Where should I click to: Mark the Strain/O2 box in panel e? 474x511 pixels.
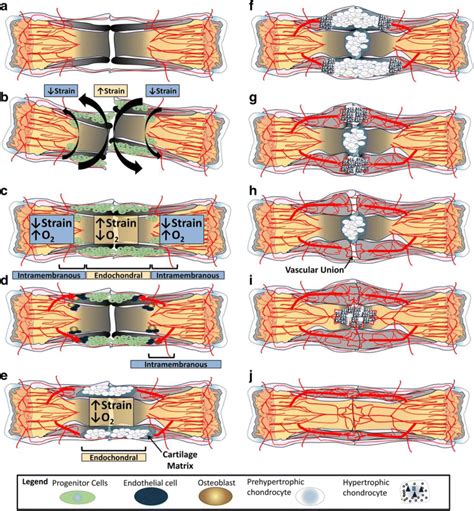pos(119,410)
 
